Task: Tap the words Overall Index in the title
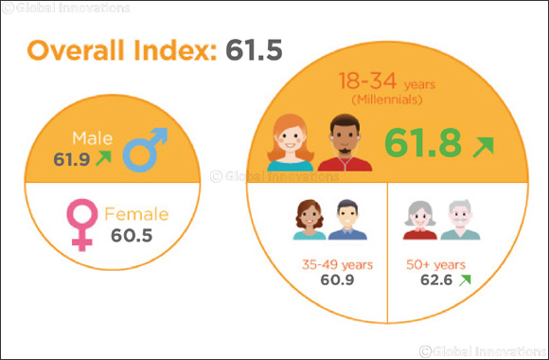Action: (113, 51)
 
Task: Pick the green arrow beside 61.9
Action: (102, 158)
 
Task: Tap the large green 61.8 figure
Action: (423, 143)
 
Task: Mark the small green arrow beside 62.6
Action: (465, 280)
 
